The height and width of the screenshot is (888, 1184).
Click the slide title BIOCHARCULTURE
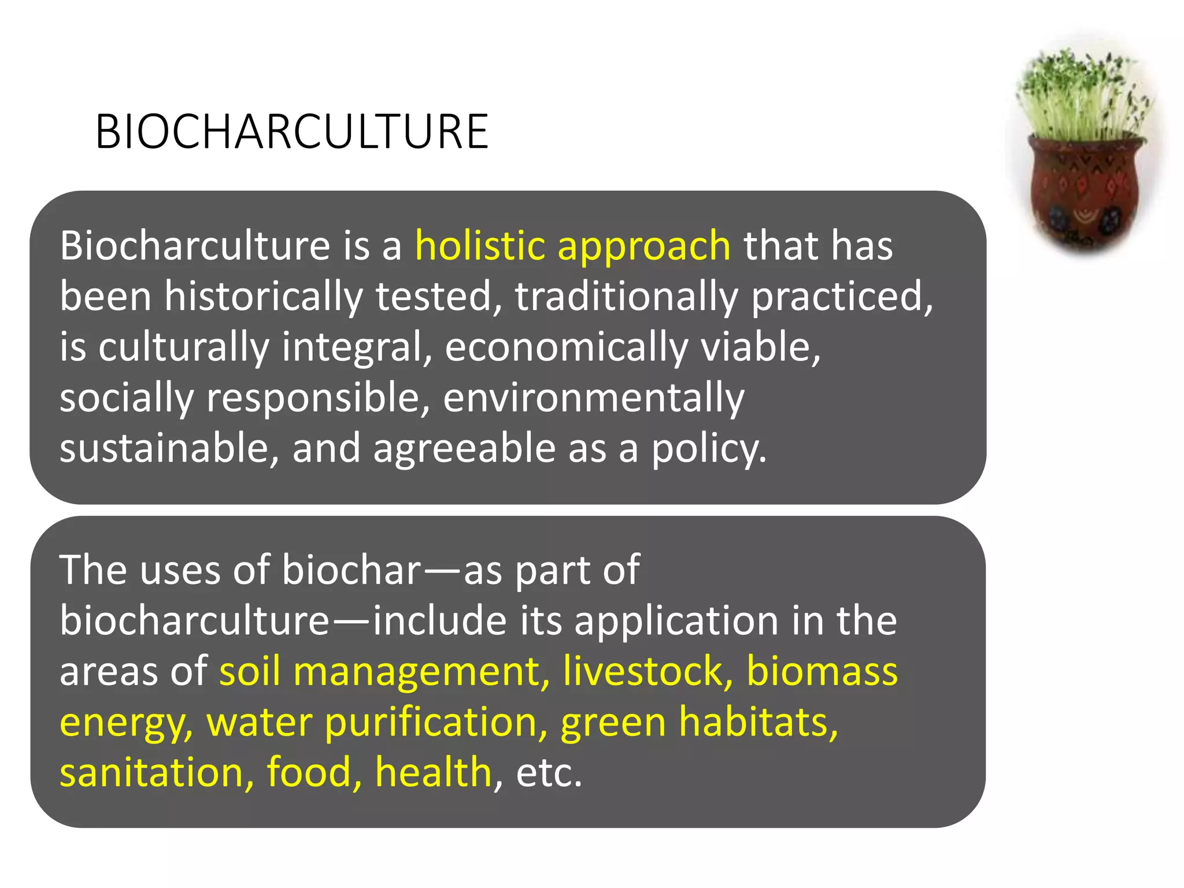[292, 132]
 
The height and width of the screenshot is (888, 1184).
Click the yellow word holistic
[480, 246]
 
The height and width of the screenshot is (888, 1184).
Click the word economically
[567, 347]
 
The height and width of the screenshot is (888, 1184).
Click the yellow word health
[434, 772]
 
